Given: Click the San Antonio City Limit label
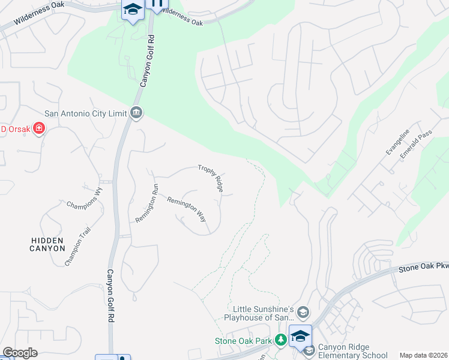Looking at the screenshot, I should click(86, 113).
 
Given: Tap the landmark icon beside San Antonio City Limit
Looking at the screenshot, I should click(136, 113).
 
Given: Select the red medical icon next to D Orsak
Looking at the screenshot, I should click(39, 128).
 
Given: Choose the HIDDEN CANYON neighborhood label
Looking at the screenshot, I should click(48, 244).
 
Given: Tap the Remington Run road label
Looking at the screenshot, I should click(146, 203).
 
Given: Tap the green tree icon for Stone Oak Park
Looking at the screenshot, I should click(280, 341).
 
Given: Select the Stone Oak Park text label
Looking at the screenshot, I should click(244, 341).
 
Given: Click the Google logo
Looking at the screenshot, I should click(20, 353).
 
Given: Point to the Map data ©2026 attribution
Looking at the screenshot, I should click(424, 355).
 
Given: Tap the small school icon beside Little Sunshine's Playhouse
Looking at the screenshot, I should click(303, 312).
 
